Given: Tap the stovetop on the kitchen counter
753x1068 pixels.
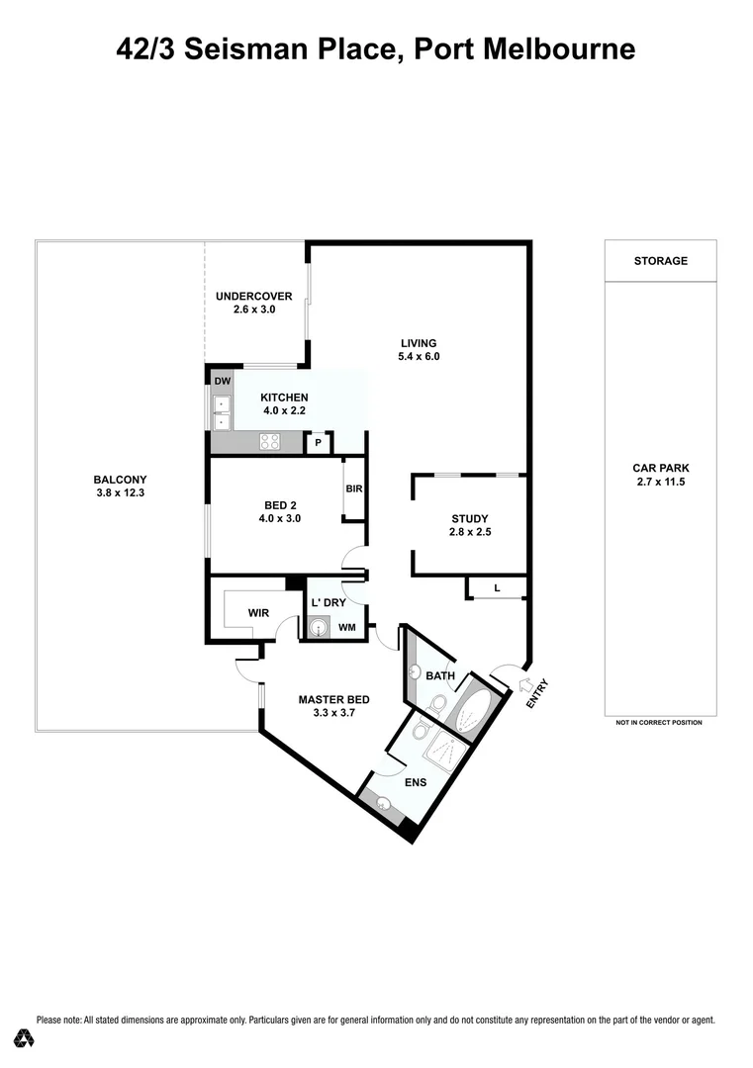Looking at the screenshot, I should [269, 442].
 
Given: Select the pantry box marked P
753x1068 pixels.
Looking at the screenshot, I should [318, 443].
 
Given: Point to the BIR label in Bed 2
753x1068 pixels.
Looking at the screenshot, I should [353, 489].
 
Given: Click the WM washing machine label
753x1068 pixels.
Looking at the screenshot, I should [346, 627].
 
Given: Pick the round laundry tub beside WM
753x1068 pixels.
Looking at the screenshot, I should [319, 627].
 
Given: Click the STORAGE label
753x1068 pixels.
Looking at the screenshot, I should [660, 261].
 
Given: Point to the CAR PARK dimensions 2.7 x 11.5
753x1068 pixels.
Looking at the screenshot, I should [660, 482].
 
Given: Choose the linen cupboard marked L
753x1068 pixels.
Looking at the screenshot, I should [497, 589].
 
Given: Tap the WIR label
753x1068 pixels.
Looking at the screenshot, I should [258, 613].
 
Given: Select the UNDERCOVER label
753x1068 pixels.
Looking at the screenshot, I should [253, 296].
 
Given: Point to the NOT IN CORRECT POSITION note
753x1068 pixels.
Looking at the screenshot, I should [659, 723].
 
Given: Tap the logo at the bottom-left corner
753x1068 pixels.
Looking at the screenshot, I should [25, 1038].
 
